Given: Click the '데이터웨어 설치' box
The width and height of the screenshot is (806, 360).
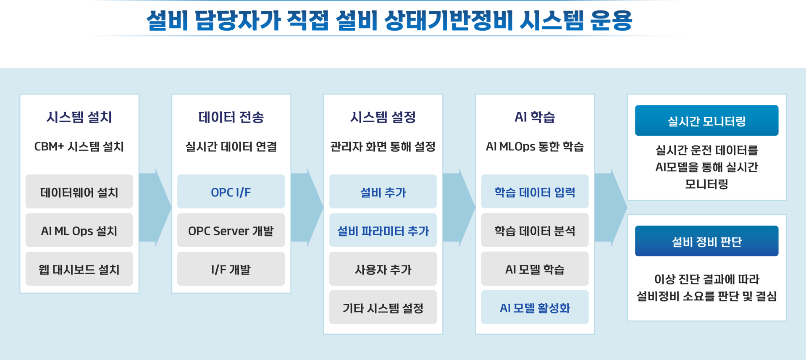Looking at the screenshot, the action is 79,192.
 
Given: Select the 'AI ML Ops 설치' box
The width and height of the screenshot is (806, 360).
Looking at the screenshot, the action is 79,231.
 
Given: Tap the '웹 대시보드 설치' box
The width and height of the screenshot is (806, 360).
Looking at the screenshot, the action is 79,269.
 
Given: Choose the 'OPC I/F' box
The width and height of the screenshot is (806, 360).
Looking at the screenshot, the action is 231,192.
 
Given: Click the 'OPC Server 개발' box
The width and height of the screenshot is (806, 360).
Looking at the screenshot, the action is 231,231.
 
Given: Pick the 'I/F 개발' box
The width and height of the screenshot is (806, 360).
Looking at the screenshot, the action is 231,269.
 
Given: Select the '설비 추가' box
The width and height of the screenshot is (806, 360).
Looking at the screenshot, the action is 383,192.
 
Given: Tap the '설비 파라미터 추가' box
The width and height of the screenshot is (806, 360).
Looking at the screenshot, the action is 383,231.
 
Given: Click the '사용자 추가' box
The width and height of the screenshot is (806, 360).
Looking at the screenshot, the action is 383,269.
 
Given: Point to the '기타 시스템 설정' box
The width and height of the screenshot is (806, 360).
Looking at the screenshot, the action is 383,308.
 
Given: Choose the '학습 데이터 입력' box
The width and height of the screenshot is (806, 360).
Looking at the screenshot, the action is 535,192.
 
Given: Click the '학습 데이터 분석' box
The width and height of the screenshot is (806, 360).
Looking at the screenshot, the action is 535,231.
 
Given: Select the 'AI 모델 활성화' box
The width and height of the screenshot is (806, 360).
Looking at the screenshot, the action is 535,308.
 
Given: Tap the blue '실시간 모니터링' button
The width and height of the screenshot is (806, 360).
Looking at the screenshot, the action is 706,121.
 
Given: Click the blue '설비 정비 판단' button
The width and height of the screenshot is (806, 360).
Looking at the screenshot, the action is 706,242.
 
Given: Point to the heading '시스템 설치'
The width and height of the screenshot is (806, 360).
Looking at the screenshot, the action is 79,117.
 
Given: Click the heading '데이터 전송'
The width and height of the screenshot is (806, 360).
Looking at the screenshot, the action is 231,117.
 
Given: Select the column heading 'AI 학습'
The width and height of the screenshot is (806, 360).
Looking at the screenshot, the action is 535,117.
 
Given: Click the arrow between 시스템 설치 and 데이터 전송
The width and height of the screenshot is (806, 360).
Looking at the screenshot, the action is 155,207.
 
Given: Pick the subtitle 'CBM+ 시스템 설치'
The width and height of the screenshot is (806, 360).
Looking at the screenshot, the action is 79,147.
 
